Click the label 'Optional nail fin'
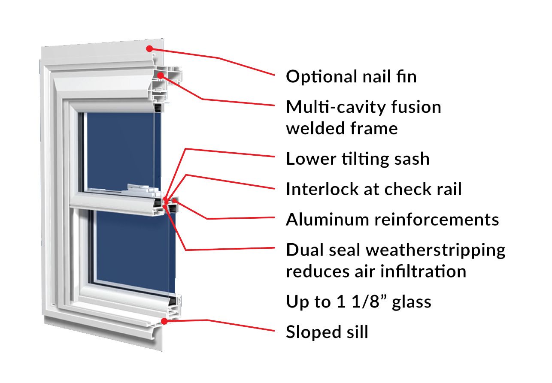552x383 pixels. coord(351,77)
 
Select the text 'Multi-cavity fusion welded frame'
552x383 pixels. coord(363,117)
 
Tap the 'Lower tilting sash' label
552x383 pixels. coord(358,159)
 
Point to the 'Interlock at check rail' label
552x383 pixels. coord(373,189)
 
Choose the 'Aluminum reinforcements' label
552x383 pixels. coord(392,219)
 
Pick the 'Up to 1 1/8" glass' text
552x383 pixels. coord(358,302)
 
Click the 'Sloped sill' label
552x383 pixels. coord(327,332)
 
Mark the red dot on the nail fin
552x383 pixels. coord(149,48)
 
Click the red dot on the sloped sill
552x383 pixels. coord(164,321)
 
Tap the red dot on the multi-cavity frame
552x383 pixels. coord(160,75)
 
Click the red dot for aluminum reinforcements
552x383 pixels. coord(175,200)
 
